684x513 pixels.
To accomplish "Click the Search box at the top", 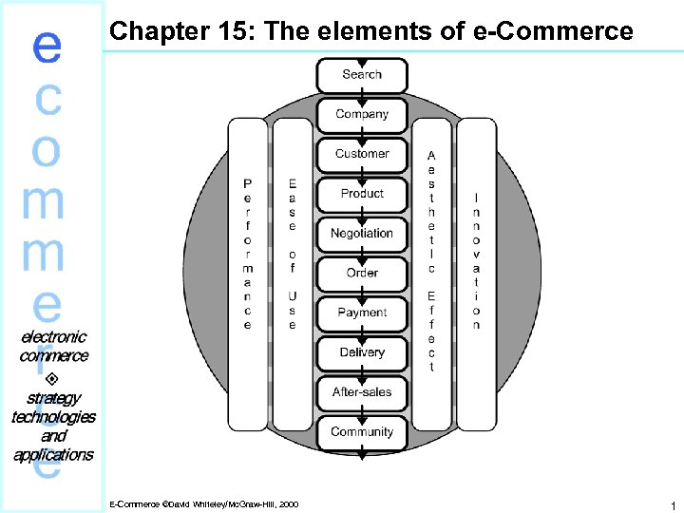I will (x=362, y=75).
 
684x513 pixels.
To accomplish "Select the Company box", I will (x=362, y=115).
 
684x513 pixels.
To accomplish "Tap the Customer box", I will (x=362, y=154).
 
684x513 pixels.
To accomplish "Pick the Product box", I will (x=362, y=194).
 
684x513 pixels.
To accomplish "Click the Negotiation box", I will (x=362, y=234).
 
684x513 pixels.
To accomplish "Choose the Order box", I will (x=362, y=274).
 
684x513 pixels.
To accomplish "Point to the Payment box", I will (x=362, y=313).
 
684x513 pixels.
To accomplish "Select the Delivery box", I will (x=362, y=352).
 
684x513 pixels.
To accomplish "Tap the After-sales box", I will (x=362, y=392).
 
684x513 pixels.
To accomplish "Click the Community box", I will (x=362, y=432).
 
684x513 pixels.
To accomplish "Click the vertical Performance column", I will (x=248, y=254).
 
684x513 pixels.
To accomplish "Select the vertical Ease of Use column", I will (x=292, y=254).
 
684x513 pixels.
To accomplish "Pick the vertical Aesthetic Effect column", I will (x=431, y=259).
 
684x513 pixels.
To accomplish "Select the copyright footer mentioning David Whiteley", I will (x=203, y=503).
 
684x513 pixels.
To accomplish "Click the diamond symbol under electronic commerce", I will (x=52, y=377).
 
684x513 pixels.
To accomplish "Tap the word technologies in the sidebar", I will (x=53, y=416).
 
